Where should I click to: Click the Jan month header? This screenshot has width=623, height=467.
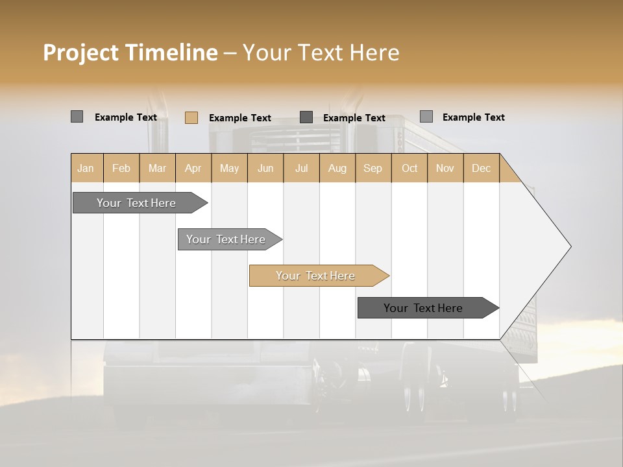point(86,168)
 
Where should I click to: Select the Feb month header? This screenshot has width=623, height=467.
point(121,168)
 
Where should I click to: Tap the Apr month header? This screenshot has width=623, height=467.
point(193,168)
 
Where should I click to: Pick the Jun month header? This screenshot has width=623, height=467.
point(265,168)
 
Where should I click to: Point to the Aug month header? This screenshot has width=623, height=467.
point(337,168)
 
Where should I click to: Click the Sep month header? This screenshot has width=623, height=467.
point(373,168)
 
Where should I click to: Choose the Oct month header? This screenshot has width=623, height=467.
point(409,168)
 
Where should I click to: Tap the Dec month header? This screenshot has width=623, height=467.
point(482,168)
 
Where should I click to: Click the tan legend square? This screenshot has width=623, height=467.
point(191,117)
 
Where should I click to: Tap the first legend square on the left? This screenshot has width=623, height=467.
point(77,117)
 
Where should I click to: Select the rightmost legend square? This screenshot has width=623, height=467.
point(426,117)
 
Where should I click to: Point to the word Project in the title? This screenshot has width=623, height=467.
point(81,53)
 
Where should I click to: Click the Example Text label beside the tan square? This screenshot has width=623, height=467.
point(239,118)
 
